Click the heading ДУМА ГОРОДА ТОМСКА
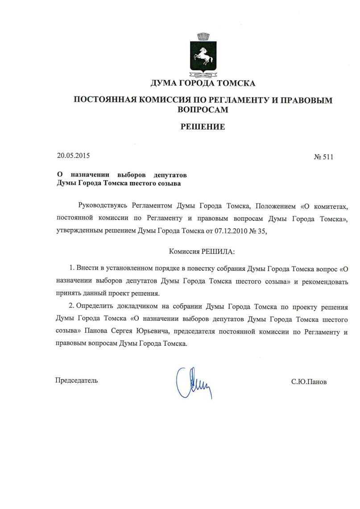click(203, 83)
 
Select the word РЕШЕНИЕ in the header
click(203, 127)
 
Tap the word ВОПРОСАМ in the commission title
click(203, 109)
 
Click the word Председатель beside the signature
click(76, 381)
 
